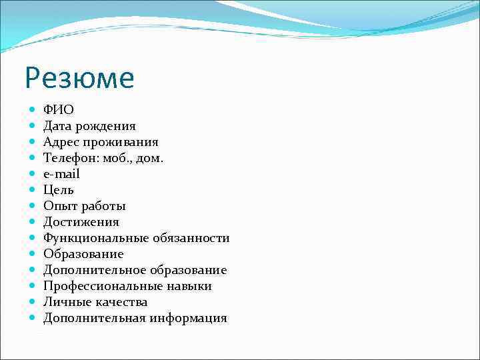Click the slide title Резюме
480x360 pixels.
coord(79,79)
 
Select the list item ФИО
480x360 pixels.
coord(59,110)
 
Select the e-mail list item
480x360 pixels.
coord(61,174)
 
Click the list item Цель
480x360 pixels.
coord(59,190)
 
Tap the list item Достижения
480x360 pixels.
coord(81,222)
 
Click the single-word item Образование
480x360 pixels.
coord(83,254)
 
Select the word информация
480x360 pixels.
coord(189,318)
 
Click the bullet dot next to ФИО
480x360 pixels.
coord(33,110)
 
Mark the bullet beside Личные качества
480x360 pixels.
coord(33,302)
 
